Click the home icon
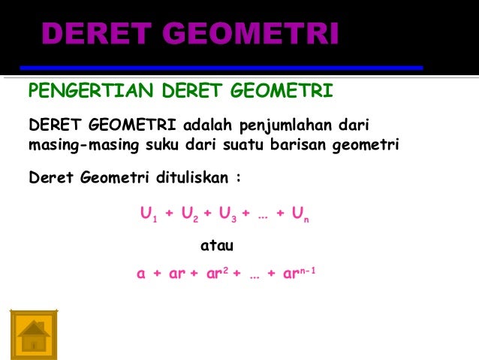[x=34, y=332]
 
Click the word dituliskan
[x=191, y=179]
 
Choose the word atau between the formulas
[x=217, y=245]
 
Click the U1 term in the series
[x=147, y=215]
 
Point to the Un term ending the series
[x=300, y=215]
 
